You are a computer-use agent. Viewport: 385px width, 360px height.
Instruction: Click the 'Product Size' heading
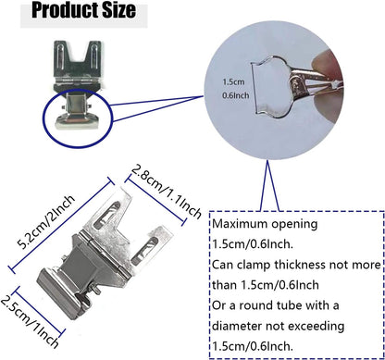pyautogui.click(x=82, y=13)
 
